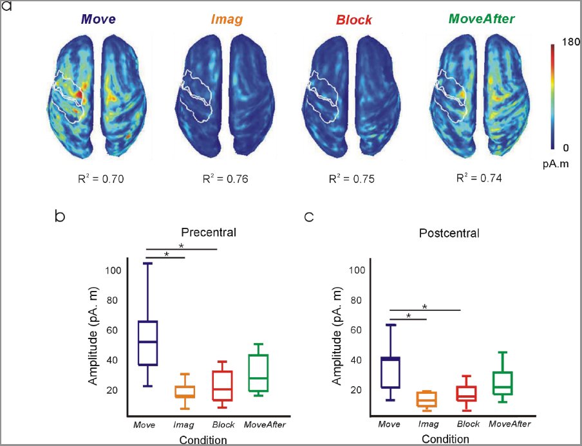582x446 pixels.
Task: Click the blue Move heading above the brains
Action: tap(99, 19)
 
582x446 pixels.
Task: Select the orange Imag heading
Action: tap(227, 19)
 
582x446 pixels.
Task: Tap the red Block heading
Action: tap(353, 20)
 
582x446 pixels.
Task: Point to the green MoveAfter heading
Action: tap(482, 19)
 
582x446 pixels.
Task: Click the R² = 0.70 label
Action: tap(100, 179)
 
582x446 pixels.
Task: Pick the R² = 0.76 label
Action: tap(225, 179)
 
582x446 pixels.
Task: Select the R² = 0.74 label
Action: tap(479, 178)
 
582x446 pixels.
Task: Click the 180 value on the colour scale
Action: tap(571, 42)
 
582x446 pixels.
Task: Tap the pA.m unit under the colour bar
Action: tap(556, 163)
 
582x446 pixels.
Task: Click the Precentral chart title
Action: tap(209, 232)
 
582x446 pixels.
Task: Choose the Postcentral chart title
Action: tap(449, 233)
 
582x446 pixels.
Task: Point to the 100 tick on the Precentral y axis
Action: tap(113, 270)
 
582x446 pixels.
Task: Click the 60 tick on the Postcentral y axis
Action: tap(355, 330)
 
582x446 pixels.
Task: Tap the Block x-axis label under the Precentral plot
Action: tap(223, 425)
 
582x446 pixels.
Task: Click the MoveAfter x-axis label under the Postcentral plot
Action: tap(510, 423)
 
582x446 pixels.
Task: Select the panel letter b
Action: tap(60, 216)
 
